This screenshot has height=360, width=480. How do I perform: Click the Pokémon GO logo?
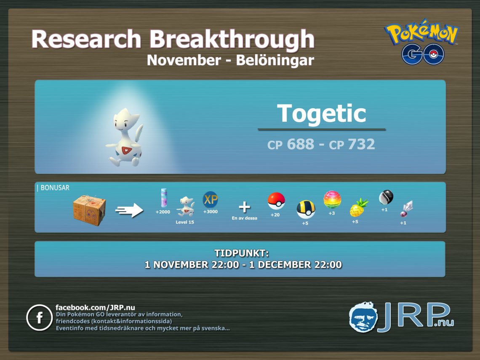click(x=421, y=42)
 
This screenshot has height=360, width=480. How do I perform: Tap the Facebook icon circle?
click(x=40, y=317)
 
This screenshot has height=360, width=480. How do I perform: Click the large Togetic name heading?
click(x=321, y=113)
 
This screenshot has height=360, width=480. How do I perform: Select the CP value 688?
click(x=300, y=144)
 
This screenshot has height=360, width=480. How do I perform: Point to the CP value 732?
click(x=361, y=144)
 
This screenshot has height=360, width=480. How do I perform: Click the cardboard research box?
click(x=89, y=210)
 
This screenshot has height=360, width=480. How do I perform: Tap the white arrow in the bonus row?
click(x=129, y=210)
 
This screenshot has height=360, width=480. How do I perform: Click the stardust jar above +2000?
click(x=164, y=198)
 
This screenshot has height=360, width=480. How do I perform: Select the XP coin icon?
click(x=210, y=200)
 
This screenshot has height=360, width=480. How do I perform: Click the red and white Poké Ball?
click(x=276, y=201)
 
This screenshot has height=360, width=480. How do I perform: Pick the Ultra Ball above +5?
click(x=306, y=209)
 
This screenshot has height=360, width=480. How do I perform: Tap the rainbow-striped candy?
click(x=332, y=199)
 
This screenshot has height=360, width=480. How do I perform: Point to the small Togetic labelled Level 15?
click(x=186, y=207)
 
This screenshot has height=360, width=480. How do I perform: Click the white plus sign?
click(x=244, y=207)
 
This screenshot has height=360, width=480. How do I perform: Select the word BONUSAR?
click(x=55, y=188)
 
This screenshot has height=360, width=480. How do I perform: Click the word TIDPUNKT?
click(x=241, y=253)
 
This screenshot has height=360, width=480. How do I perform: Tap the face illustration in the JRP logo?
click(x=363, y=317)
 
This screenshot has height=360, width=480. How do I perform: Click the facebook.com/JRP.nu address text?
click(x=95, y=307)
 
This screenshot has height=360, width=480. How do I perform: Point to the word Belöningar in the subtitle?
click(x=275, y=60)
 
